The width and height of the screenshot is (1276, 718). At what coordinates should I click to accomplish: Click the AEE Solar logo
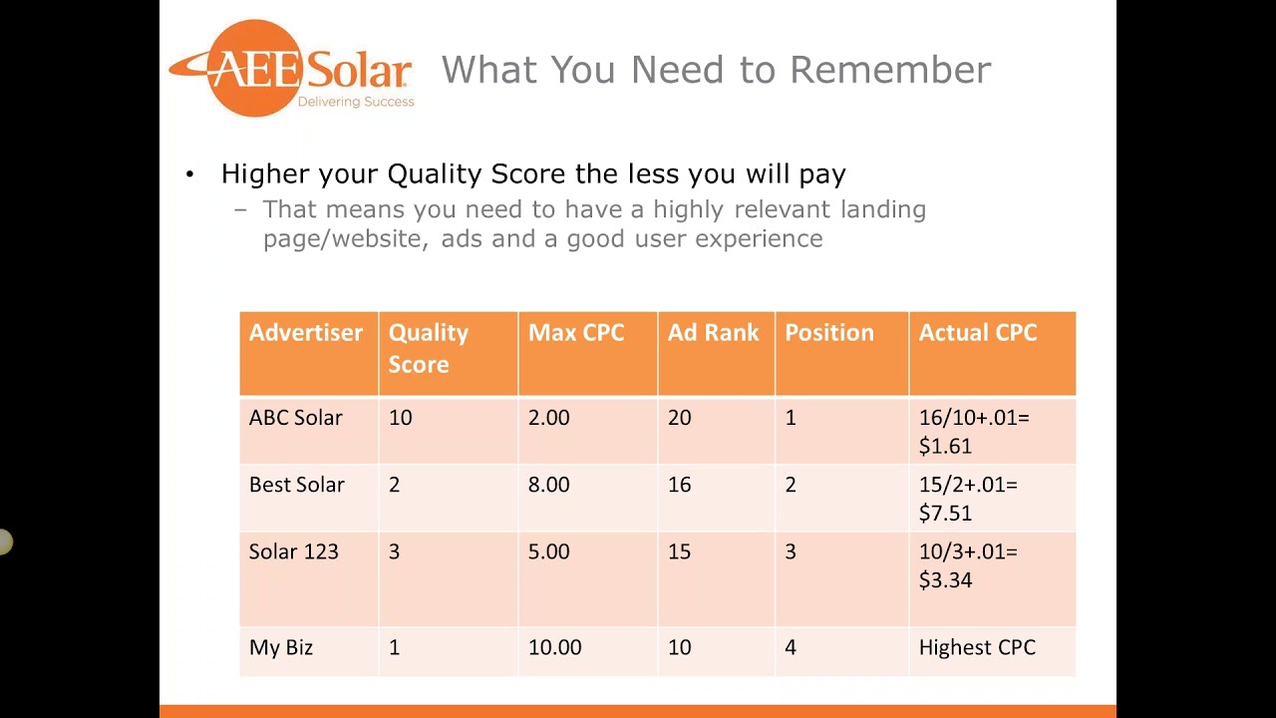click(291, 69)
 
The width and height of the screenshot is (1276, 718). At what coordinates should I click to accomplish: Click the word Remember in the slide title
click(890, 70)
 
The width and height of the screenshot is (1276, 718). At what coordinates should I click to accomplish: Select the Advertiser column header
click(305, 333)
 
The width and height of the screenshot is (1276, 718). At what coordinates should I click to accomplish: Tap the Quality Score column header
click(428, 348)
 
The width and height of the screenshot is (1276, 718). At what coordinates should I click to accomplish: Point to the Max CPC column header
click(575, 333)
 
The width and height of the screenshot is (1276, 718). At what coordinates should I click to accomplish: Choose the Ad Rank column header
click(713, 333)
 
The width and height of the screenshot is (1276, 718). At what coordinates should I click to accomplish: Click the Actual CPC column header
click(977, 333)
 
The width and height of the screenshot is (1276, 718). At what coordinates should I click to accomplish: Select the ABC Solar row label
click(295, 418)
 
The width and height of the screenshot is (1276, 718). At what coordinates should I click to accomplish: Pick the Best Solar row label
click(296, 485)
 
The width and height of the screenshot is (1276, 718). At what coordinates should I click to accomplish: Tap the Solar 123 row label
click(293, 551)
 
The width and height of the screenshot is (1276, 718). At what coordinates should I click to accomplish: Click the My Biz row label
click(280, 647)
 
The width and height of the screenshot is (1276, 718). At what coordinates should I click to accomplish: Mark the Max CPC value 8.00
click(548, 485)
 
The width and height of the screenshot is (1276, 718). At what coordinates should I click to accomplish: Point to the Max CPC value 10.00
click(554, 647)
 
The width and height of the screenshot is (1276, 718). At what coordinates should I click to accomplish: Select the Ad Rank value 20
click(679, 418)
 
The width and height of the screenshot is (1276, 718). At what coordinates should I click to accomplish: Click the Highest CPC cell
click(976, 647)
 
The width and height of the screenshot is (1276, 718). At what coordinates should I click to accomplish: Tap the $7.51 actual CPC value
click(944, 514)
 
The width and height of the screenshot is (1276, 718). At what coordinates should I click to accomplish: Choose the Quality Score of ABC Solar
click(400, 418)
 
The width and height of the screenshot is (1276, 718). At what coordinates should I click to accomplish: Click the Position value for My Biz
click(790, 647)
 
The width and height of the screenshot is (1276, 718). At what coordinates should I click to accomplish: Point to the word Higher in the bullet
click(265, 175)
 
